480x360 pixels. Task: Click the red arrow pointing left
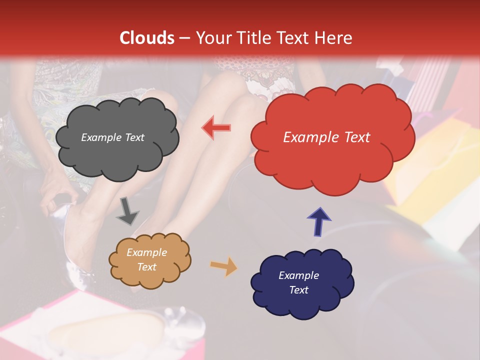pyautogui.click(x=216, y=128)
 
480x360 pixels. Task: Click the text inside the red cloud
pyautogui.click(x=326, y=137)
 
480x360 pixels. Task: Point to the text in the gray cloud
pyautogui.click(x=112, y=137)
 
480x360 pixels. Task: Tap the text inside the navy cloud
pyautogui.click(x=298, y=282)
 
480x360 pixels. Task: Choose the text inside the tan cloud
pyautogui.click(x=146, y=259)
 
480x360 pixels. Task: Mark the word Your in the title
pyautogui.click(x=210, y=38)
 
